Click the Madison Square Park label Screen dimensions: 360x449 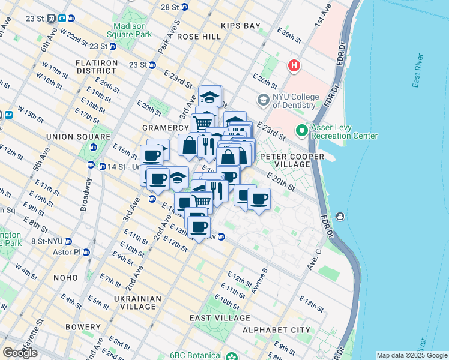tap(130, 31)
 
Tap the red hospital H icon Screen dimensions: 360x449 tap(294, 65)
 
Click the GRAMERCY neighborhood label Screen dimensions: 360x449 tap(165, 128)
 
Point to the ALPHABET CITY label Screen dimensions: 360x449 tap(276, 330)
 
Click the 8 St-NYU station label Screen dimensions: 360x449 tap(47, 241)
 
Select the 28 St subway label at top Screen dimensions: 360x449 tap(170, 7)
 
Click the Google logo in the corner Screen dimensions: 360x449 tap(20, 353)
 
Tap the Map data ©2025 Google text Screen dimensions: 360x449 tap(411, 355)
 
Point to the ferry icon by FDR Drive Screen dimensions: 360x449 tap(341, 216)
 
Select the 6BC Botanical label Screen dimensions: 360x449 tap(197, 355)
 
